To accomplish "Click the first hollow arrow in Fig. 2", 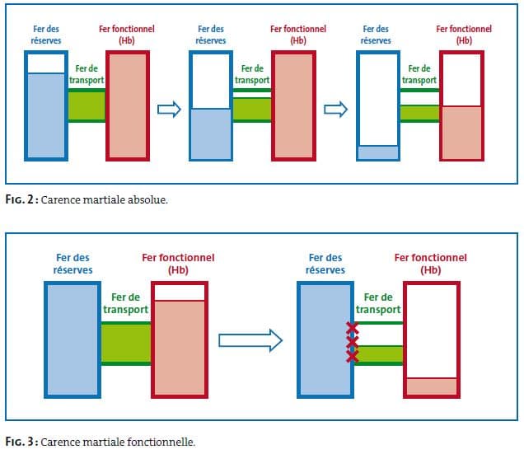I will (x=168, y=110).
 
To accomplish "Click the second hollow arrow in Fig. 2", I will (x=334, y=110).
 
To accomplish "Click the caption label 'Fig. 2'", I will (x=18, y=199).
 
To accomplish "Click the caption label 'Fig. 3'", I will (x=19, y=441).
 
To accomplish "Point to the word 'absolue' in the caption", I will (x=148, y=199).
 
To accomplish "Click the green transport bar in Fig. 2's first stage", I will (x=87, y=105).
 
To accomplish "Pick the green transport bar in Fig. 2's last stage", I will (x=419, y=113).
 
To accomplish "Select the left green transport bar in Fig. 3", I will (x=125, y=343).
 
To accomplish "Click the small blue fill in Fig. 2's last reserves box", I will (x=378, y=152).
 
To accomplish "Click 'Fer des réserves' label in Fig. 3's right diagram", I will (x=325, y=264).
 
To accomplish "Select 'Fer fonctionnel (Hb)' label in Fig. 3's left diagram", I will (x=179, y=264).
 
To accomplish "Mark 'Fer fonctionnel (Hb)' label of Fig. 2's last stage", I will (x=464, y=34).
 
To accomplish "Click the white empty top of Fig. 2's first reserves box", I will (x=45, y=63).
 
